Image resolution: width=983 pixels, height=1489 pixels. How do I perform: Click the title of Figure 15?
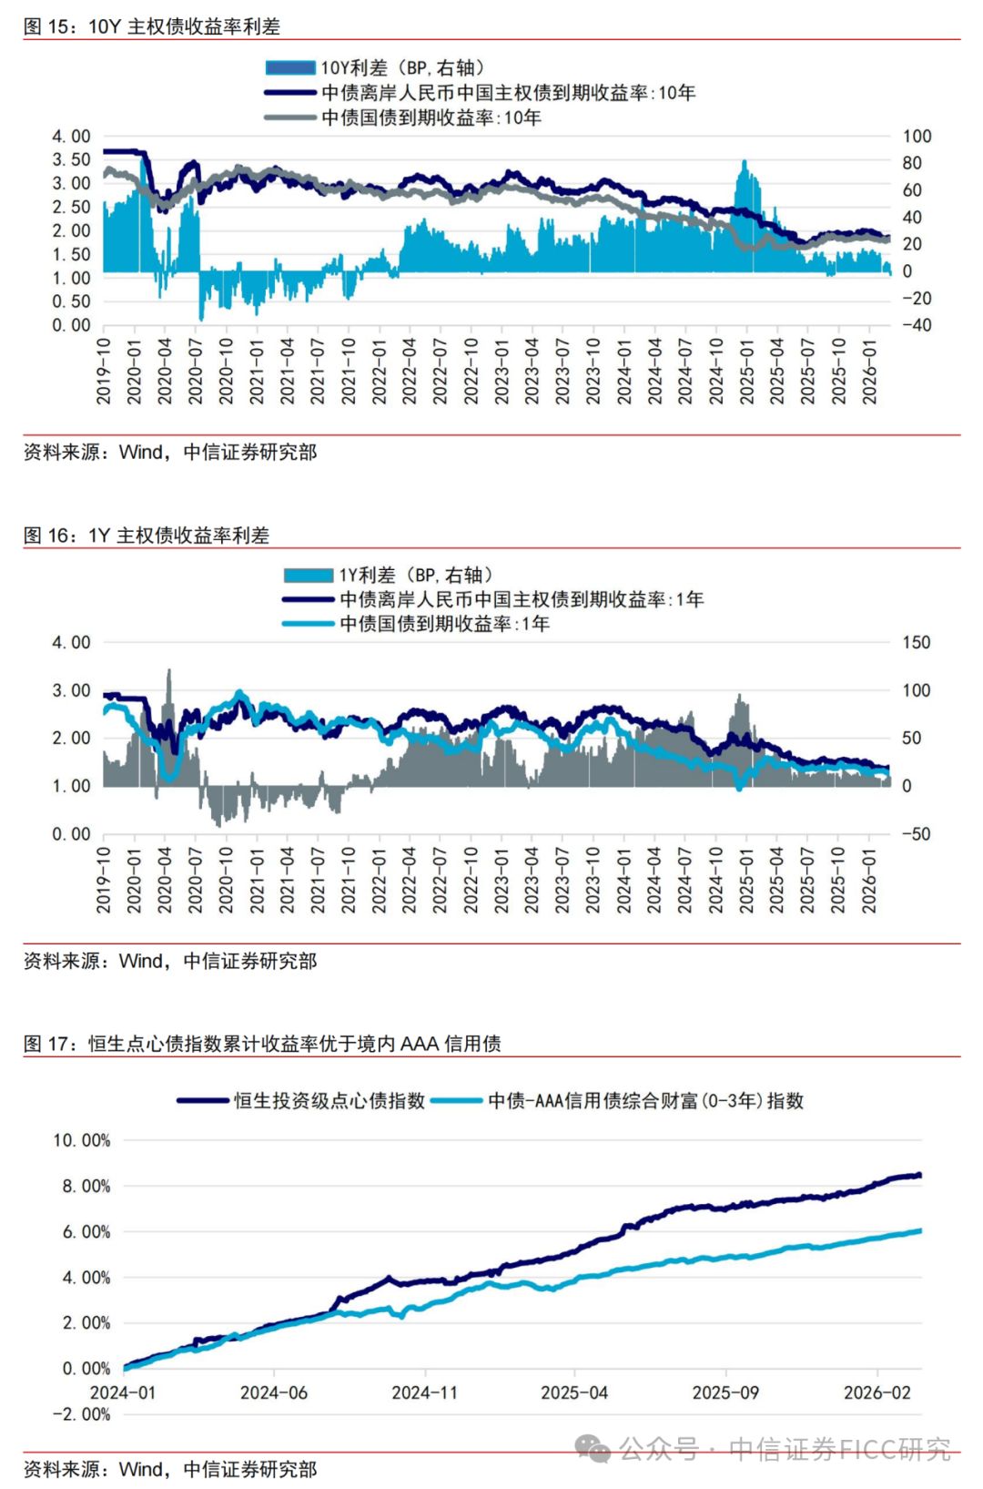tap(151, 26)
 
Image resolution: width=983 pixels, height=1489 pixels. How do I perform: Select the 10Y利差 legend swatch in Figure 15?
tap(290, 67)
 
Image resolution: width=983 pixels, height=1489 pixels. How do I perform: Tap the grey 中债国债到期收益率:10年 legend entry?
tap(431, 117)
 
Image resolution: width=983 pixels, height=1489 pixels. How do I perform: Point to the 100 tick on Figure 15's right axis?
tap(917, 136)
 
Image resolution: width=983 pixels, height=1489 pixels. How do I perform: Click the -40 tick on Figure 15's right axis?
tap(917, 325)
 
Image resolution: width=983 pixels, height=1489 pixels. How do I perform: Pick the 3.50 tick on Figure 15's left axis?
tap(71, 159)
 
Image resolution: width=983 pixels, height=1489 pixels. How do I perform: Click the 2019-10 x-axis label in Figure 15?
tap(104, 371)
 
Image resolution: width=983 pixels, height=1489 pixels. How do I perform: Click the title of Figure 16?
tap(146, 535)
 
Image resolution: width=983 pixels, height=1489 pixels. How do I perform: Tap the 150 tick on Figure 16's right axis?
tap(916, 642)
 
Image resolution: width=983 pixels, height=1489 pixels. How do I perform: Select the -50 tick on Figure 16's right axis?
tap(916, 833)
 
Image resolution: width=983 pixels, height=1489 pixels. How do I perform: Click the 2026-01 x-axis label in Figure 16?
tap(869, 880)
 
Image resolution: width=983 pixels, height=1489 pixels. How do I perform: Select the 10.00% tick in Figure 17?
tap(81, 1140)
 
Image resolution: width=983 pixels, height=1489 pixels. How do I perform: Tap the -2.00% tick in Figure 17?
tap(81, 1414)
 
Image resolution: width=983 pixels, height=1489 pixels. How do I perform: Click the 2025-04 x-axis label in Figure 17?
tap(573, 1392)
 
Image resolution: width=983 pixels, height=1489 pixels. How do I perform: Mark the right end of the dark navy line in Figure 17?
tap(919, 1175)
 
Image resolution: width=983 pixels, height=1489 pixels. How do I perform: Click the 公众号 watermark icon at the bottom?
tap(594, 1448)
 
